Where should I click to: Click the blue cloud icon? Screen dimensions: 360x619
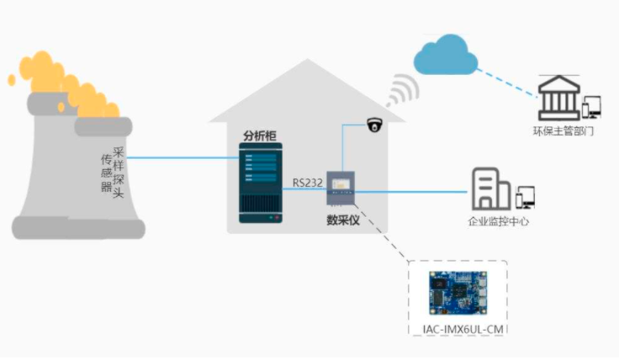(446, 56)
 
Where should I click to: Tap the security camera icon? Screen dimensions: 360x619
(374, 124)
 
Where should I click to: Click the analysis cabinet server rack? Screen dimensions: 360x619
(260, 186)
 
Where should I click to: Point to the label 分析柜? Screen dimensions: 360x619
(259, 135)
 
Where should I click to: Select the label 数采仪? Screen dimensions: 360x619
(343, 220)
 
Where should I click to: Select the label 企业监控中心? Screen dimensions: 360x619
(499, 222)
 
